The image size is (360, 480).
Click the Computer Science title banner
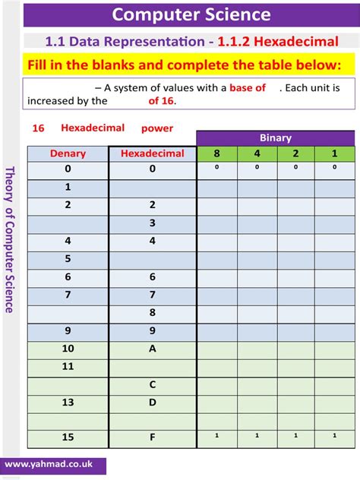click(x=191, y=14)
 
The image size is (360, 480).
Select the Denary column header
click(x=68, y=153)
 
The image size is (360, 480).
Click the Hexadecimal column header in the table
click(x=153, y=153)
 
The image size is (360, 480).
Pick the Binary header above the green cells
click(x=276, y=138)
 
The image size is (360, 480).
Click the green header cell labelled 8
click(x=216, y=153)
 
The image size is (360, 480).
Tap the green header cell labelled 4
click(x=256, y=153)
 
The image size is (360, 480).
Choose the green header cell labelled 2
click(x=295, y=153)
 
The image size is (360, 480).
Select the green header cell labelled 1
click(x=334, y=153)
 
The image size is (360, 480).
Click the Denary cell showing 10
click(x=68, y=349)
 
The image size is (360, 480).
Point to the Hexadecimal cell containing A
click(x=153, y=349)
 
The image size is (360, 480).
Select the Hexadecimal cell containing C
click(x=153, y=384)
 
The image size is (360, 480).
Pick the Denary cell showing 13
click(x=68, y=402)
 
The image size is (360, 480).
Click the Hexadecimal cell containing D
click(x=153, y=402)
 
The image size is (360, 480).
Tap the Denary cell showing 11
click(x=68, y=366)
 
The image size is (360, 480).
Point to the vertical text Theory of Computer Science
click(x=10, y=239)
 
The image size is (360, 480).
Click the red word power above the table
click(x=157, y=128)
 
